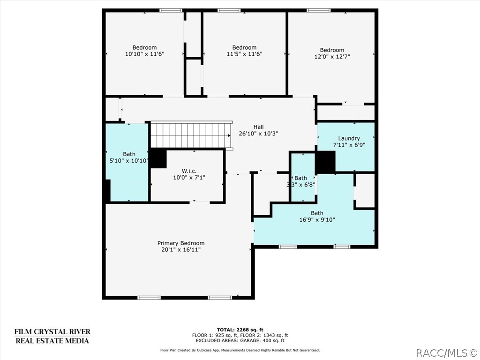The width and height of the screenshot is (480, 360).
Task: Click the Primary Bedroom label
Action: [x=180, y=243]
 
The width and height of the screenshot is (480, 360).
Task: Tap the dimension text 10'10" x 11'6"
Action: [x=144, y=54]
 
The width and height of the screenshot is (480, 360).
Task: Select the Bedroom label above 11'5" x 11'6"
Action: [x=244, y=47]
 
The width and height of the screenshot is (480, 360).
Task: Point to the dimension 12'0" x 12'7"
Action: [x=332, y=57]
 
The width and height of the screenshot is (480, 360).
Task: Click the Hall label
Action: [x=258, y=127]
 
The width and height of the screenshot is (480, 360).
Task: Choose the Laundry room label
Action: [x=349, y=138]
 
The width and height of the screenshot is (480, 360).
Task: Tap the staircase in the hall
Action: [x=191, y=135]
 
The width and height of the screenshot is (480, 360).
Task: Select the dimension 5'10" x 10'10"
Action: [x=128, y=160]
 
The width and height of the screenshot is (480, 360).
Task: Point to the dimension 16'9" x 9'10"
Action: [x=317, y=219]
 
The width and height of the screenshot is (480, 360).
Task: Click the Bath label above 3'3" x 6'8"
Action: [x=300, y=178]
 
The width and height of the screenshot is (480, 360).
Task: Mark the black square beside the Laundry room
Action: [x=325, y=162]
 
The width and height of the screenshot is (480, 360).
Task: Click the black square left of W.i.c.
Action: [x=158, y=158]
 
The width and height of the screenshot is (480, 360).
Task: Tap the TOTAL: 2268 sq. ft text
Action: [x=240, y=330]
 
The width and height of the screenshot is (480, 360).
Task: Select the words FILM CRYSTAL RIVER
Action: [x=52, y=332]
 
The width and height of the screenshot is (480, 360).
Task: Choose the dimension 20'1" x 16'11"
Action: [x=180, y=249]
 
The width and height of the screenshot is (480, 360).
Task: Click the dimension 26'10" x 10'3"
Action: [x=258, y=133]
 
